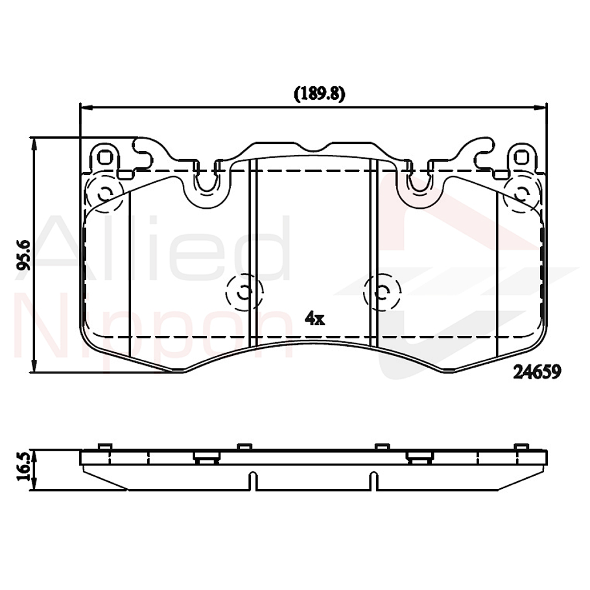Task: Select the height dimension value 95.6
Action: tap(24, 254)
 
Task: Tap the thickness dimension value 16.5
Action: tap(24, 466)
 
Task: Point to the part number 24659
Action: tap(536, 371)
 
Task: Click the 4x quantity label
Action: tap(314, 317)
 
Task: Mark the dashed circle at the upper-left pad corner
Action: tap(104, 192)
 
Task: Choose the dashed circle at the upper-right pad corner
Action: tap(521, 192)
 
